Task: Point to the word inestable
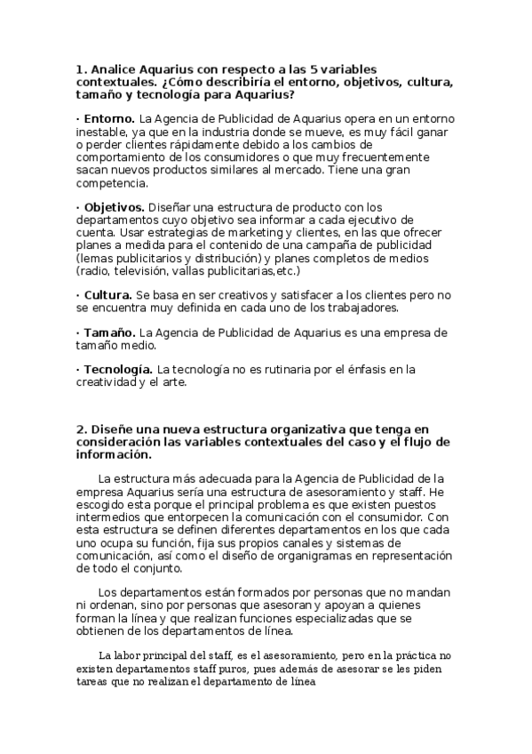[104, 132]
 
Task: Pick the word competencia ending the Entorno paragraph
[112, 184]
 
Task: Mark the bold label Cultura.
[107, 294]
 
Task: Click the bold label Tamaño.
[109, 333]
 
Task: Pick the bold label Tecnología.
[117, 369]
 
